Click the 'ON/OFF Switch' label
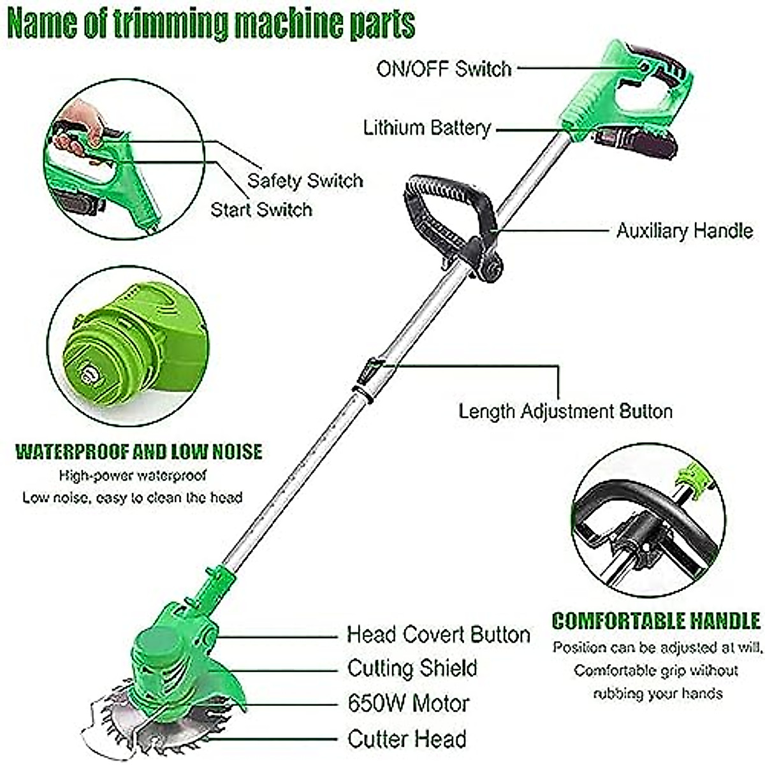coord(444,68)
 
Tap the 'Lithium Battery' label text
coord(427,127)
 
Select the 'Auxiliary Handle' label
coord(684,230)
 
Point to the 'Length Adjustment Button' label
coord(565,411)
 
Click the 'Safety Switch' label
coord(305,180)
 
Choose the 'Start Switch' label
coord(261,210)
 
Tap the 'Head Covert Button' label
coord(438,634)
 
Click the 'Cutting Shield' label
coord(412,668)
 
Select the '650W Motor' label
coord(408,703)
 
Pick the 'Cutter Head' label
coord(407,739)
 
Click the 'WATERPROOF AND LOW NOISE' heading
coord(138,452)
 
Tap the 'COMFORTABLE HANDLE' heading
coord(656,621)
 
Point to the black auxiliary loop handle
coord(446,210)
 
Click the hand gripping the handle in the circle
coord(80,127)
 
